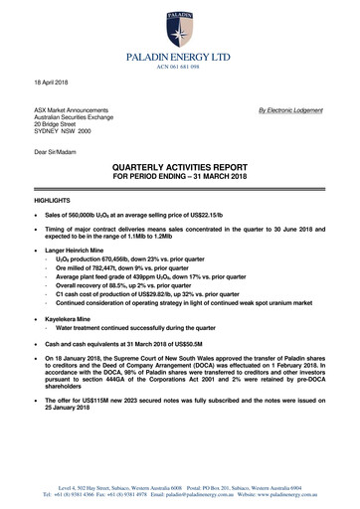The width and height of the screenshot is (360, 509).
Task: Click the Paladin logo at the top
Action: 180,24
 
